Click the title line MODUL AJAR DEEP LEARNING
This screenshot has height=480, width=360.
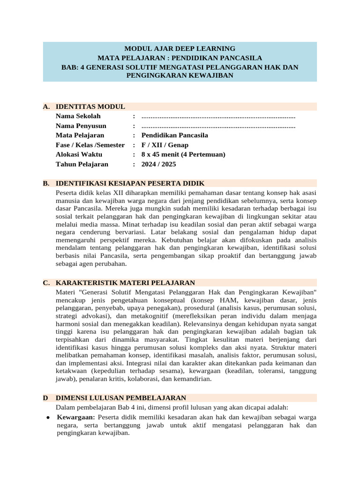pos(180,48)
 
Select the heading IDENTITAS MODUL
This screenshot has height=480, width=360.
pos(90,107)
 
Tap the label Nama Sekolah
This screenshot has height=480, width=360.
pos(78,116)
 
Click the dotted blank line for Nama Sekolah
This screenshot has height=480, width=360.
pos(218,116)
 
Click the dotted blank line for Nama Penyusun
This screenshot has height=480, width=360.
pos(218,126)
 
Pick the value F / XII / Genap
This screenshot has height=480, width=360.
pos(165,145)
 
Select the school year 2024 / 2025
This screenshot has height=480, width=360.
pos(159,165)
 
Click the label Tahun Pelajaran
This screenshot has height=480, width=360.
pos(82,165)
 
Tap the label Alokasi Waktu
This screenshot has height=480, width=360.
pos(79,155)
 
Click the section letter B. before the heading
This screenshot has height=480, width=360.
pos(46,183)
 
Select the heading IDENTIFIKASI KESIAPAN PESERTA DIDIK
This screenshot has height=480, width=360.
pos(130,183)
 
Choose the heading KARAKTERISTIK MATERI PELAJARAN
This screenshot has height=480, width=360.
pos(125,283)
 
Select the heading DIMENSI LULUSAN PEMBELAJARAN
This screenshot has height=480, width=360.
pos(120,398)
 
